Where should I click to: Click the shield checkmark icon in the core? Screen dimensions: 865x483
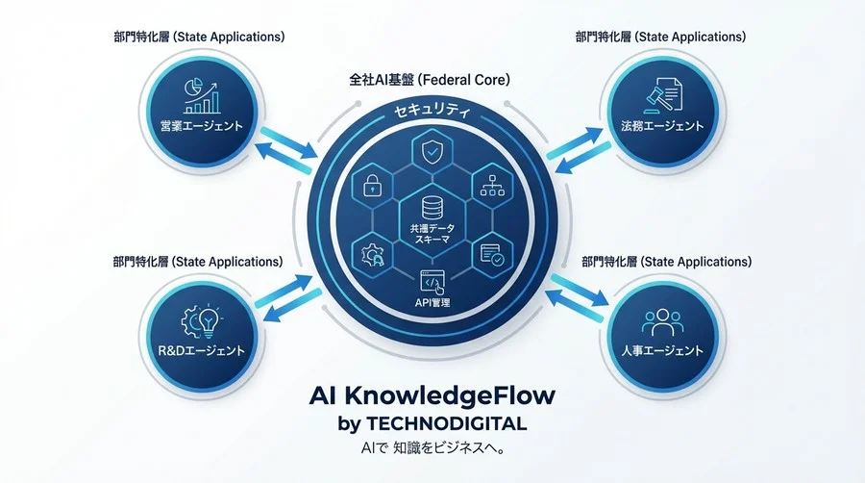point(431,151)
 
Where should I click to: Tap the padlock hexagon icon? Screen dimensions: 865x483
point(372,186)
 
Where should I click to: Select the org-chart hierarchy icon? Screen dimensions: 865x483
point(493,186)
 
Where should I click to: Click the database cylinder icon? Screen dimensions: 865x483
point(432,208)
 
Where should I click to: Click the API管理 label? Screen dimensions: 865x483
point(432,302)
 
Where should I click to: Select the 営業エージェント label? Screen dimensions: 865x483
point(202,126)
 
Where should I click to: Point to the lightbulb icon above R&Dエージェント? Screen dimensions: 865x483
point(209,321)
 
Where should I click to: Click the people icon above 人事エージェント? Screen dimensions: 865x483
point(662,322)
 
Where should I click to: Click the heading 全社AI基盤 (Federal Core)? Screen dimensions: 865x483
point(430,80)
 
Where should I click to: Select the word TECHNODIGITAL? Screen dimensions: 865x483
point(446,423)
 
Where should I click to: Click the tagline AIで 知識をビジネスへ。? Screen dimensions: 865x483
point(432,448)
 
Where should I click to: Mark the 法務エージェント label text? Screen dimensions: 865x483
point(662,126)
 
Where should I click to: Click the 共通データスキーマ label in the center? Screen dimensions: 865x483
point(432,234)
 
